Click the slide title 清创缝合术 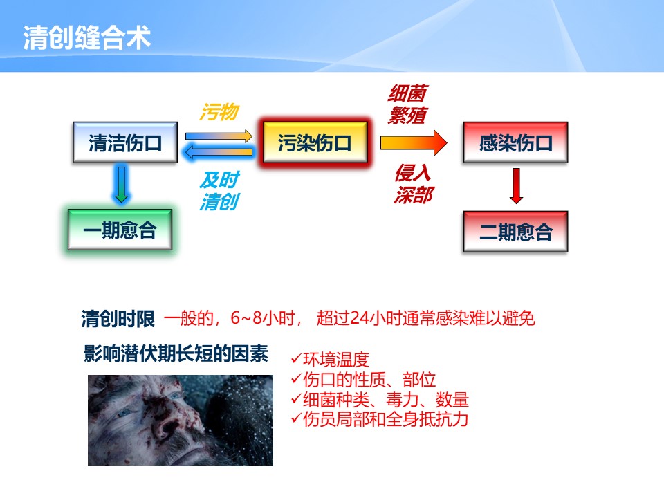(87, 37)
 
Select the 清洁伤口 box (125, 142)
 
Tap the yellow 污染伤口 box (315, 142)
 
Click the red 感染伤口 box (515, 142)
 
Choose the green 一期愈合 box (120, 230)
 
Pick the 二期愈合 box (515, 232)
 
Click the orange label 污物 (219, 112)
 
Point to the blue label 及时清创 (220, 191)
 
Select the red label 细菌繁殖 (407, 104)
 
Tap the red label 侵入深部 (413, 184)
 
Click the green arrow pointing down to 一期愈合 (122, 185)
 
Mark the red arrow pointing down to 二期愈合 (516, 186)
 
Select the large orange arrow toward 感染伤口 (414, 142)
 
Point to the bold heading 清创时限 (118, 318)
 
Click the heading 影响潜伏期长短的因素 (176, 353)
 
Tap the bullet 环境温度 (331, 360)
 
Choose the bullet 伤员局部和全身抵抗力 (380, 419)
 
